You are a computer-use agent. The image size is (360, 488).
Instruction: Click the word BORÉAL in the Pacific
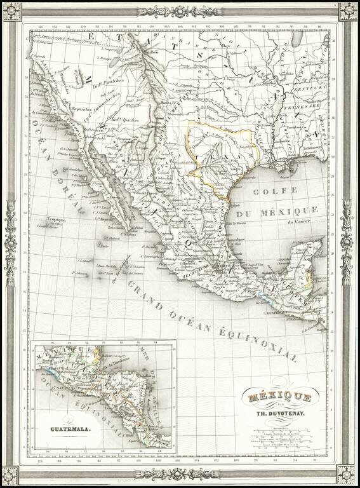pos(69,188)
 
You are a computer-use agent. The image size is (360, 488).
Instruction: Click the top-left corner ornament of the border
pos(11,11)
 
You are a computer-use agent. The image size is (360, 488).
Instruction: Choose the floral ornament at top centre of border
pos(180,11)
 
